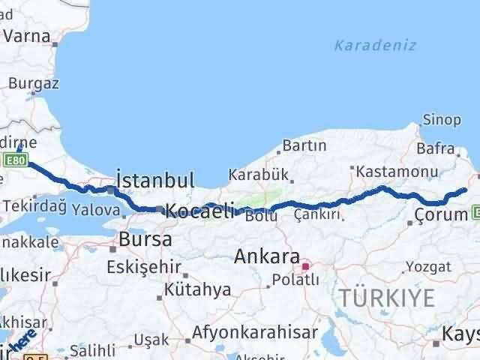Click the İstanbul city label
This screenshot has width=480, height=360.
pos(156,180)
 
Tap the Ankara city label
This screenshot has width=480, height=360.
pos(267,256)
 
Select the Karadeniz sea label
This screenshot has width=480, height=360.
pos(375,46)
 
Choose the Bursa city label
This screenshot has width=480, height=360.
pos(145,240)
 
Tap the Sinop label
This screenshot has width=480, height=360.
pos(436,120)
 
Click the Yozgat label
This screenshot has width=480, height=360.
pos(428,266)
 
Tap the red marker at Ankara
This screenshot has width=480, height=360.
pos(305,265)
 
